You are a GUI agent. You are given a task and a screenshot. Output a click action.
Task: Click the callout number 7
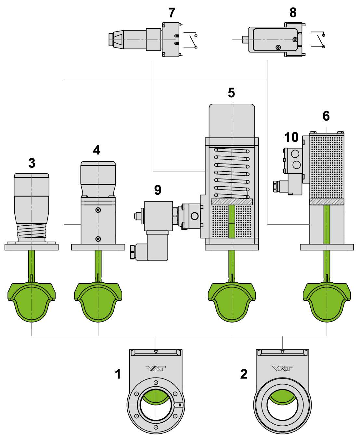pyautogui.click(x=172, y=13)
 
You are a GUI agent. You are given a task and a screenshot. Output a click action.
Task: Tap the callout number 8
pyautogui.click(x=293, y=13)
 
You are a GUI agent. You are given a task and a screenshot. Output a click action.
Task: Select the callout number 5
pyautogui.click(x=231, y=93)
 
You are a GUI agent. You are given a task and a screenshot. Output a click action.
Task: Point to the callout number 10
pyautogui.click(x=291, y=137)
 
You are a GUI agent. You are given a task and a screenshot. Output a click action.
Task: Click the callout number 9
pyautogui.click(x=158, y=190)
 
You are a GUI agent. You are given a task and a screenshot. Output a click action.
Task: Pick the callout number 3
pyautogui.click(x=32, y=163)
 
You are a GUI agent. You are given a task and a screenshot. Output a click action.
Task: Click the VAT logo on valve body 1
pyautogui.click(x=156, y=368)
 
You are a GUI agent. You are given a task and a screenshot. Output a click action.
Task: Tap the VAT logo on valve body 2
pyautogui.click(x=282, y=368)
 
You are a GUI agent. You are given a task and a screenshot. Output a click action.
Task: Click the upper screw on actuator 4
pyautogui.click(x=98, y=210)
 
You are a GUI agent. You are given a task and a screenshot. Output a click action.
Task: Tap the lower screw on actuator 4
pyautogui.click(x=98, y=239)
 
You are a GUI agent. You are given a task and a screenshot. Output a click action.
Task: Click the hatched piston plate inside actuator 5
pyautogui.click(x=232, y=202)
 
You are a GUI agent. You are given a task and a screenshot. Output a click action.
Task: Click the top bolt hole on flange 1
pyautogui.click(x=156, y=382)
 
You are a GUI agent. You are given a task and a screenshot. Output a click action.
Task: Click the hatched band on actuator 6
pyautogui.click(x=327, y=202)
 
